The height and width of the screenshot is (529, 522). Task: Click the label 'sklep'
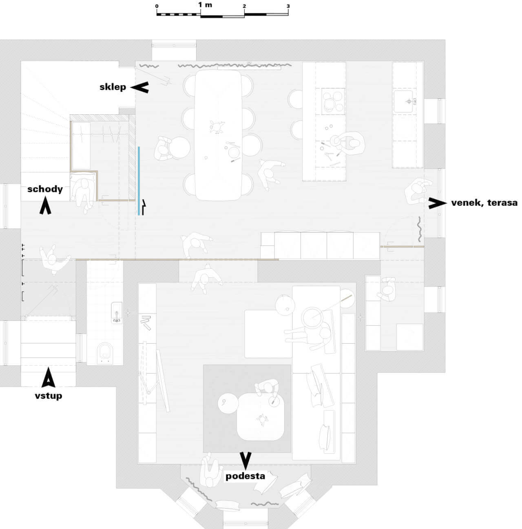(x=113, y=87)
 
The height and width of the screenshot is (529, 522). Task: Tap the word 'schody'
(x=45, y=189)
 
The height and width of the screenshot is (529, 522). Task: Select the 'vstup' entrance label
(x=49, y=396)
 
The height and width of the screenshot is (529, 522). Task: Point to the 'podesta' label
(x=245, y=476)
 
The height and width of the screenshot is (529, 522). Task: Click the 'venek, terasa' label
(x=484, y=203)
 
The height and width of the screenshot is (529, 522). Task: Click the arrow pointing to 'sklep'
(x=139, y=87)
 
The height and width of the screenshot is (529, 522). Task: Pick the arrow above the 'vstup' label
(x=49, y=378)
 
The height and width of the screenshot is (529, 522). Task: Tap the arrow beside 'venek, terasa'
(x=438, y=203)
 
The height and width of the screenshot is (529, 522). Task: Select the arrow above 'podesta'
(x=246, y=461)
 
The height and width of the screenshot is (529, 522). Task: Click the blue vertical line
(x=139, y=181)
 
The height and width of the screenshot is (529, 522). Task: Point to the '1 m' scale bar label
(x=205, y=4)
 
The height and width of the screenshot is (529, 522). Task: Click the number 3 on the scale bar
(x=288, y=6)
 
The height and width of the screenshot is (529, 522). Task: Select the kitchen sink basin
(x=403, y=101)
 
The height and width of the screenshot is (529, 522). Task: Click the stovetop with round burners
(x=333, y=101)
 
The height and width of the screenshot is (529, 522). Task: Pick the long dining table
(x=218, y=136)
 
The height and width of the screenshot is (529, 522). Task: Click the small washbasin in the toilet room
(x=117, y=312)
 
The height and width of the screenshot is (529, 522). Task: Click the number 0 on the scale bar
(x=157, y=6)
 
